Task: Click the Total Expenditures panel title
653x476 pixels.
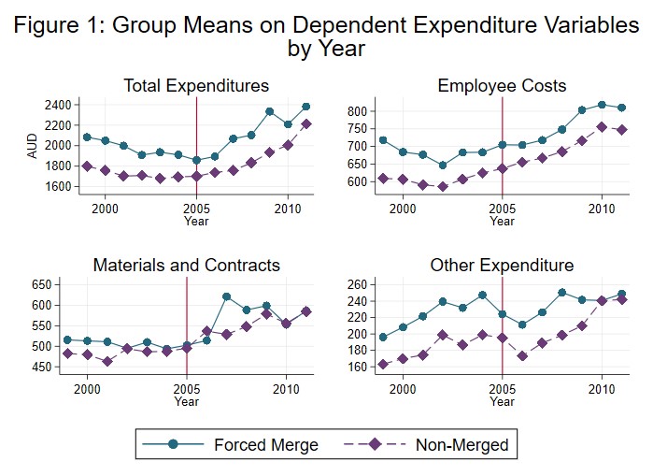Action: tap(196, 86)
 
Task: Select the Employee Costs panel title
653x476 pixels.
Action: tap(502, 86)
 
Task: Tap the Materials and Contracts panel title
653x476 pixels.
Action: tap(186, 266)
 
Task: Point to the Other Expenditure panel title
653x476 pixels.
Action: tap(502, 266)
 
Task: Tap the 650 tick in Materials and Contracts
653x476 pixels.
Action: tap(45, 284)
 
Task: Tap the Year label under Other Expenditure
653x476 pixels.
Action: tap(502, 402)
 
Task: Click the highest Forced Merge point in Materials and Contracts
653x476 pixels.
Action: tap(227, 296)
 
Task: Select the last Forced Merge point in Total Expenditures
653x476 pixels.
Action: tap(306, 107)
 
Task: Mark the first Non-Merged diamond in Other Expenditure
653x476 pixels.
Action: tap(383, 365)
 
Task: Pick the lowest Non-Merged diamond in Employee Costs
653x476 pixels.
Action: tap(443, 186)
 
